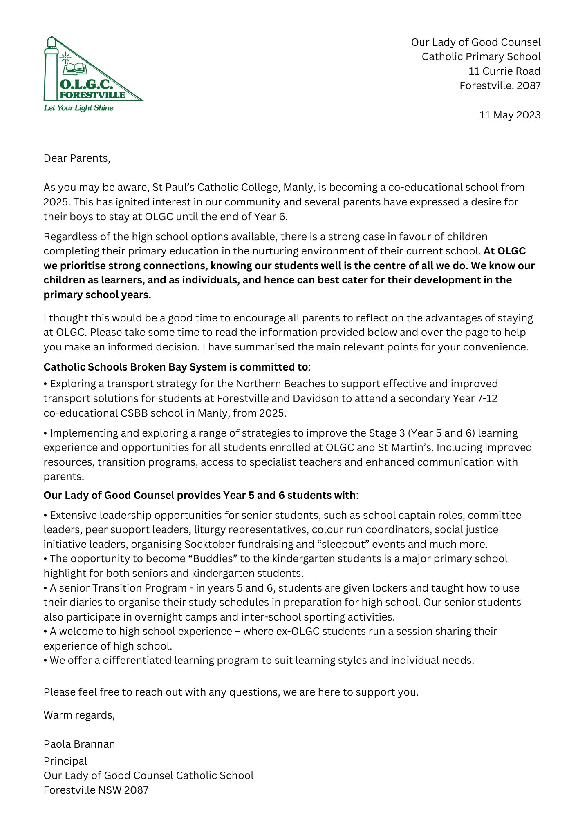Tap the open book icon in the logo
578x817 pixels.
tap(75, 69)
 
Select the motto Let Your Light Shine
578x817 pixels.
tap(78, 108)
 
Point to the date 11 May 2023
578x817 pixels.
tap(510, 115)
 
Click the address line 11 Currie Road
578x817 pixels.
tap(504, 71)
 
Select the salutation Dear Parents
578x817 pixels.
tap(77, 158)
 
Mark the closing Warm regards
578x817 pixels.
tap(79, 715)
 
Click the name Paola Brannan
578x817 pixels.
tap(79, 744)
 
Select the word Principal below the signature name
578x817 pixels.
tap(65, 761)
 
